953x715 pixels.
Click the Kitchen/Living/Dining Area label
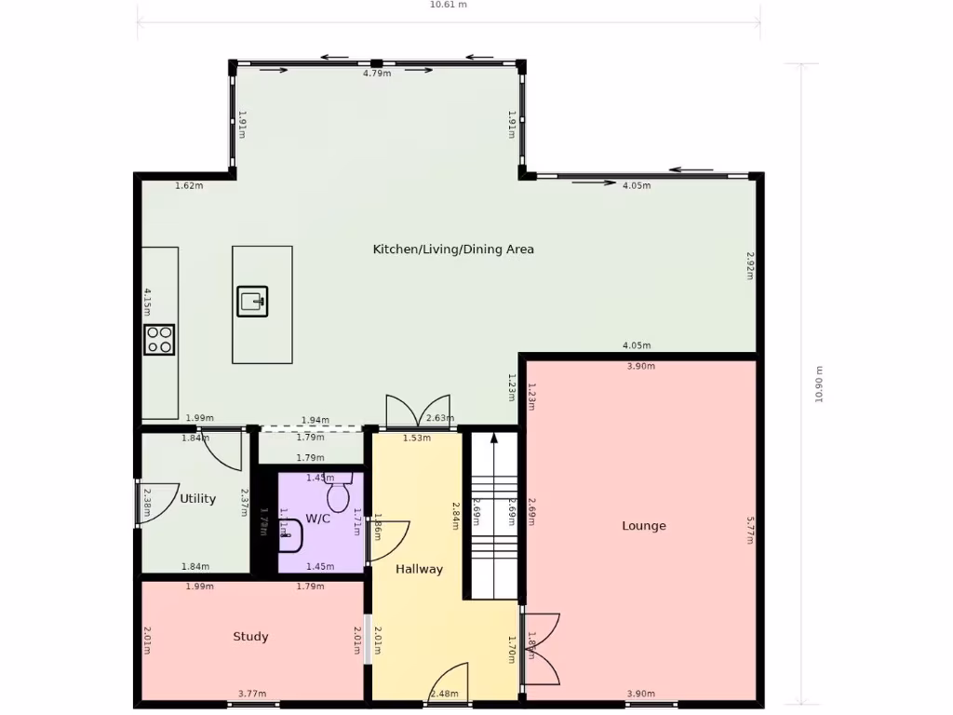(453, 250)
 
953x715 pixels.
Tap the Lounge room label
(644, 526)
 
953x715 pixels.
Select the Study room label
(250, 637)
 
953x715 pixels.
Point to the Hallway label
(419, 569)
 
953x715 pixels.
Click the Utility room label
(197, 499)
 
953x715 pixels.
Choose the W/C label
(317, 519)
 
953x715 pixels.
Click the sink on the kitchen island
(252, 301)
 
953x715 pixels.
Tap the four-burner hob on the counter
(159, 339)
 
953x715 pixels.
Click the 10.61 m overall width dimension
(448, 5)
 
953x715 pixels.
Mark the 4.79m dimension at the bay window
(376, 73)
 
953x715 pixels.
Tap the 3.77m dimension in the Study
(251, 694)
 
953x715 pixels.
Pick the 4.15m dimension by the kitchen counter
(147, 304)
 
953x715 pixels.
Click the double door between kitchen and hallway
(422, 411)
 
